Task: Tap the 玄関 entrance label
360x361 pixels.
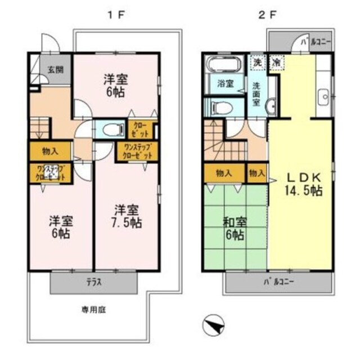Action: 55,70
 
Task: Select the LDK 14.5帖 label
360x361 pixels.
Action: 301,182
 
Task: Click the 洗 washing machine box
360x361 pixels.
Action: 257,62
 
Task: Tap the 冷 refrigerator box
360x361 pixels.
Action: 277,62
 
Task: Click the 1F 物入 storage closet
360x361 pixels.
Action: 50,151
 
